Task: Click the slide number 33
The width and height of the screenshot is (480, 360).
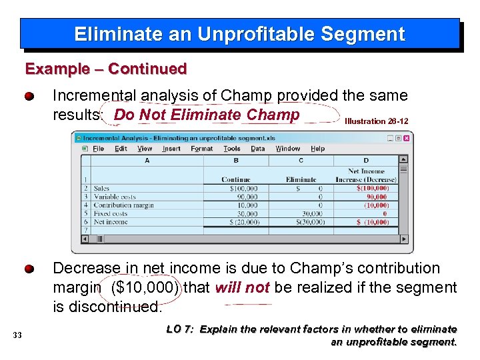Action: click(x=17, y=335)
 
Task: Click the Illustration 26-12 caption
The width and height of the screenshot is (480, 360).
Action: click(x=376, y=121)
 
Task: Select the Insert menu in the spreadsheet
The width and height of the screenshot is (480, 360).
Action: click(x=171, y=149)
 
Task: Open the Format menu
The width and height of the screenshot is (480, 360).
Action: click(x=201, y=149)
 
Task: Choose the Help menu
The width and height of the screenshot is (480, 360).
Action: click(x=317, y=149)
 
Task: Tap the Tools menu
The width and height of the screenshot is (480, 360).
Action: click(x=232, y=149)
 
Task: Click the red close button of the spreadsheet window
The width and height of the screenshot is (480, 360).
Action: click(x=406, y=138)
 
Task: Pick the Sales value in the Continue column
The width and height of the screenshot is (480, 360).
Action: click(x=243, y=189)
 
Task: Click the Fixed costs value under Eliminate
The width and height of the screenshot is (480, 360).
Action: click(x=311, y=214)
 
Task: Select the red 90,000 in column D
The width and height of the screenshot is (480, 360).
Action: click(x=376, y=197)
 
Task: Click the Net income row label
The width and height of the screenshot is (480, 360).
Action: click(x=110, y=222)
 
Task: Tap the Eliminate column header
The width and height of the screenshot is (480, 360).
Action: click(x=301, y=179)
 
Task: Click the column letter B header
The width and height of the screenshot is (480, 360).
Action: click(x=235, y=161)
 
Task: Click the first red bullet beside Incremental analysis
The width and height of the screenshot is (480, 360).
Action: click(x=30, y=97)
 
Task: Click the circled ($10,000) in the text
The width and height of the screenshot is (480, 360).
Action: click(x=145, y=288)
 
